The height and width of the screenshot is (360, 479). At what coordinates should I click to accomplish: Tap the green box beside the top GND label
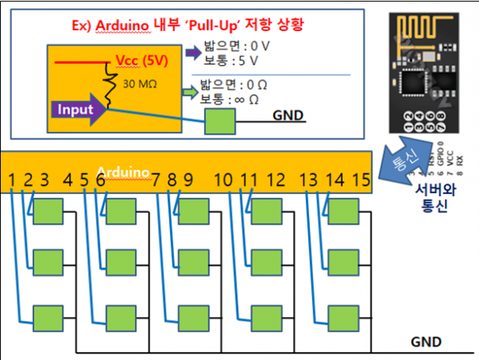click(220, 121)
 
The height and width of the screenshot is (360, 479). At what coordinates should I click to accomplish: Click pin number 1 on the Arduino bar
click(11, 179)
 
